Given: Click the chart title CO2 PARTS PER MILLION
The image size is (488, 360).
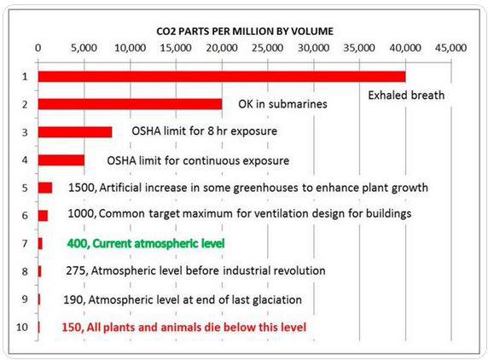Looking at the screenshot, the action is pyautogui.click(x=245, y=31).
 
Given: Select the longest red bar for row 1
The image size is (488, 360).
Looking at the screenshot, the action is pyautogui.click(x=222, y=77).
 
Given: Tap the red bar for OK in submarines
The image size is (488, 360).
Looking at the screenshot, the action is pyautogui.click(x=130, y=104).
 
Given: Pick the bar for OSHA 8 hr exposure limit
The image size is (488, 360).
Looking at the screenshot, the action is pyautogui.click(x=75, y=132).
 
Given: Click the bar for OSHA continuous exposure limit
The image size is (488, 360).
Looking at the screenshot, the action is pyautogui.click(x=61, y=160).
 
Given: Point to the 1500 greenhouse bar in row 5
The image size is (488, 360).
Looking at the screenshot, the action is pyautogui.click(x=45, y=188).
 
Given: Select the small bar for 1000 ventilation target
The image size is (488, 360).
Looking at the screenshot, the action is pyautogui.click(x=43, y=216).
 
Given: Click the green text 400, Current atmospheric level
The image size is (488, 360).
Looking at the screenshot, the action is pyautogui.click(x=146, y=243).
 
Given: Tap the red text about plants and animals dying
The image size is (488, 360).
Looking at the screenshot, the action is pyautogui.click(x=184, y=328).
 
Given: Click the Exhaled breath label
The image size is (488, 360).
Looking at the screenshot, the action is pyautogui.click(x=406, y=96).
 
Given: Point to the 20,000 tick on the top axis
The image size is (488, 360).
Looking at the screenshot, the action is pyautogui.click(x=222, y=48).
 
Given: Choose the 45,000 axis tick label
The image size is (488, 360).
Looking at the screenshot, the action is pyautogui.click(x=451, y=48).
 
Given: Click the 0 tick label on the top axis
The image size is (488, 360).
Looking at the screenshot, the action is pyautogui.click(x=38, y=48).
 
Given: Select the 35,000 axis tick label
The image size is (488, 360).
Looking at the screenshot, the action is pyautogui.click(x=359, y=48).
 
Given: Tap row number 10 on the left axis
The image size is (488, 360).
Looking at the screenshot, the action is pyautogui.click(x=22, y=328).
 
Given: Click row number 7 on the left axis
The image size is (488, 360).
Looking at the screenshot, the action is pyautogui.click(x=25, y=243).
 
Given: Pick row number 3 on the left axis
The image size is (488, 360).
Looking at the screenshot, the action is pyautogui.click(x=25, y=132).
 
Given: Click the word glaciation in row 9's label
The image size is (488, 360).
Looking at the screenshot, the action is pyautogui.click(x=276, y=300).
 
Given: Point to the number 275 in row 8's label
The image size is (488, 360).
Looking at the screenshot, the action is pyautogui.click(x=76, y=270).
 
